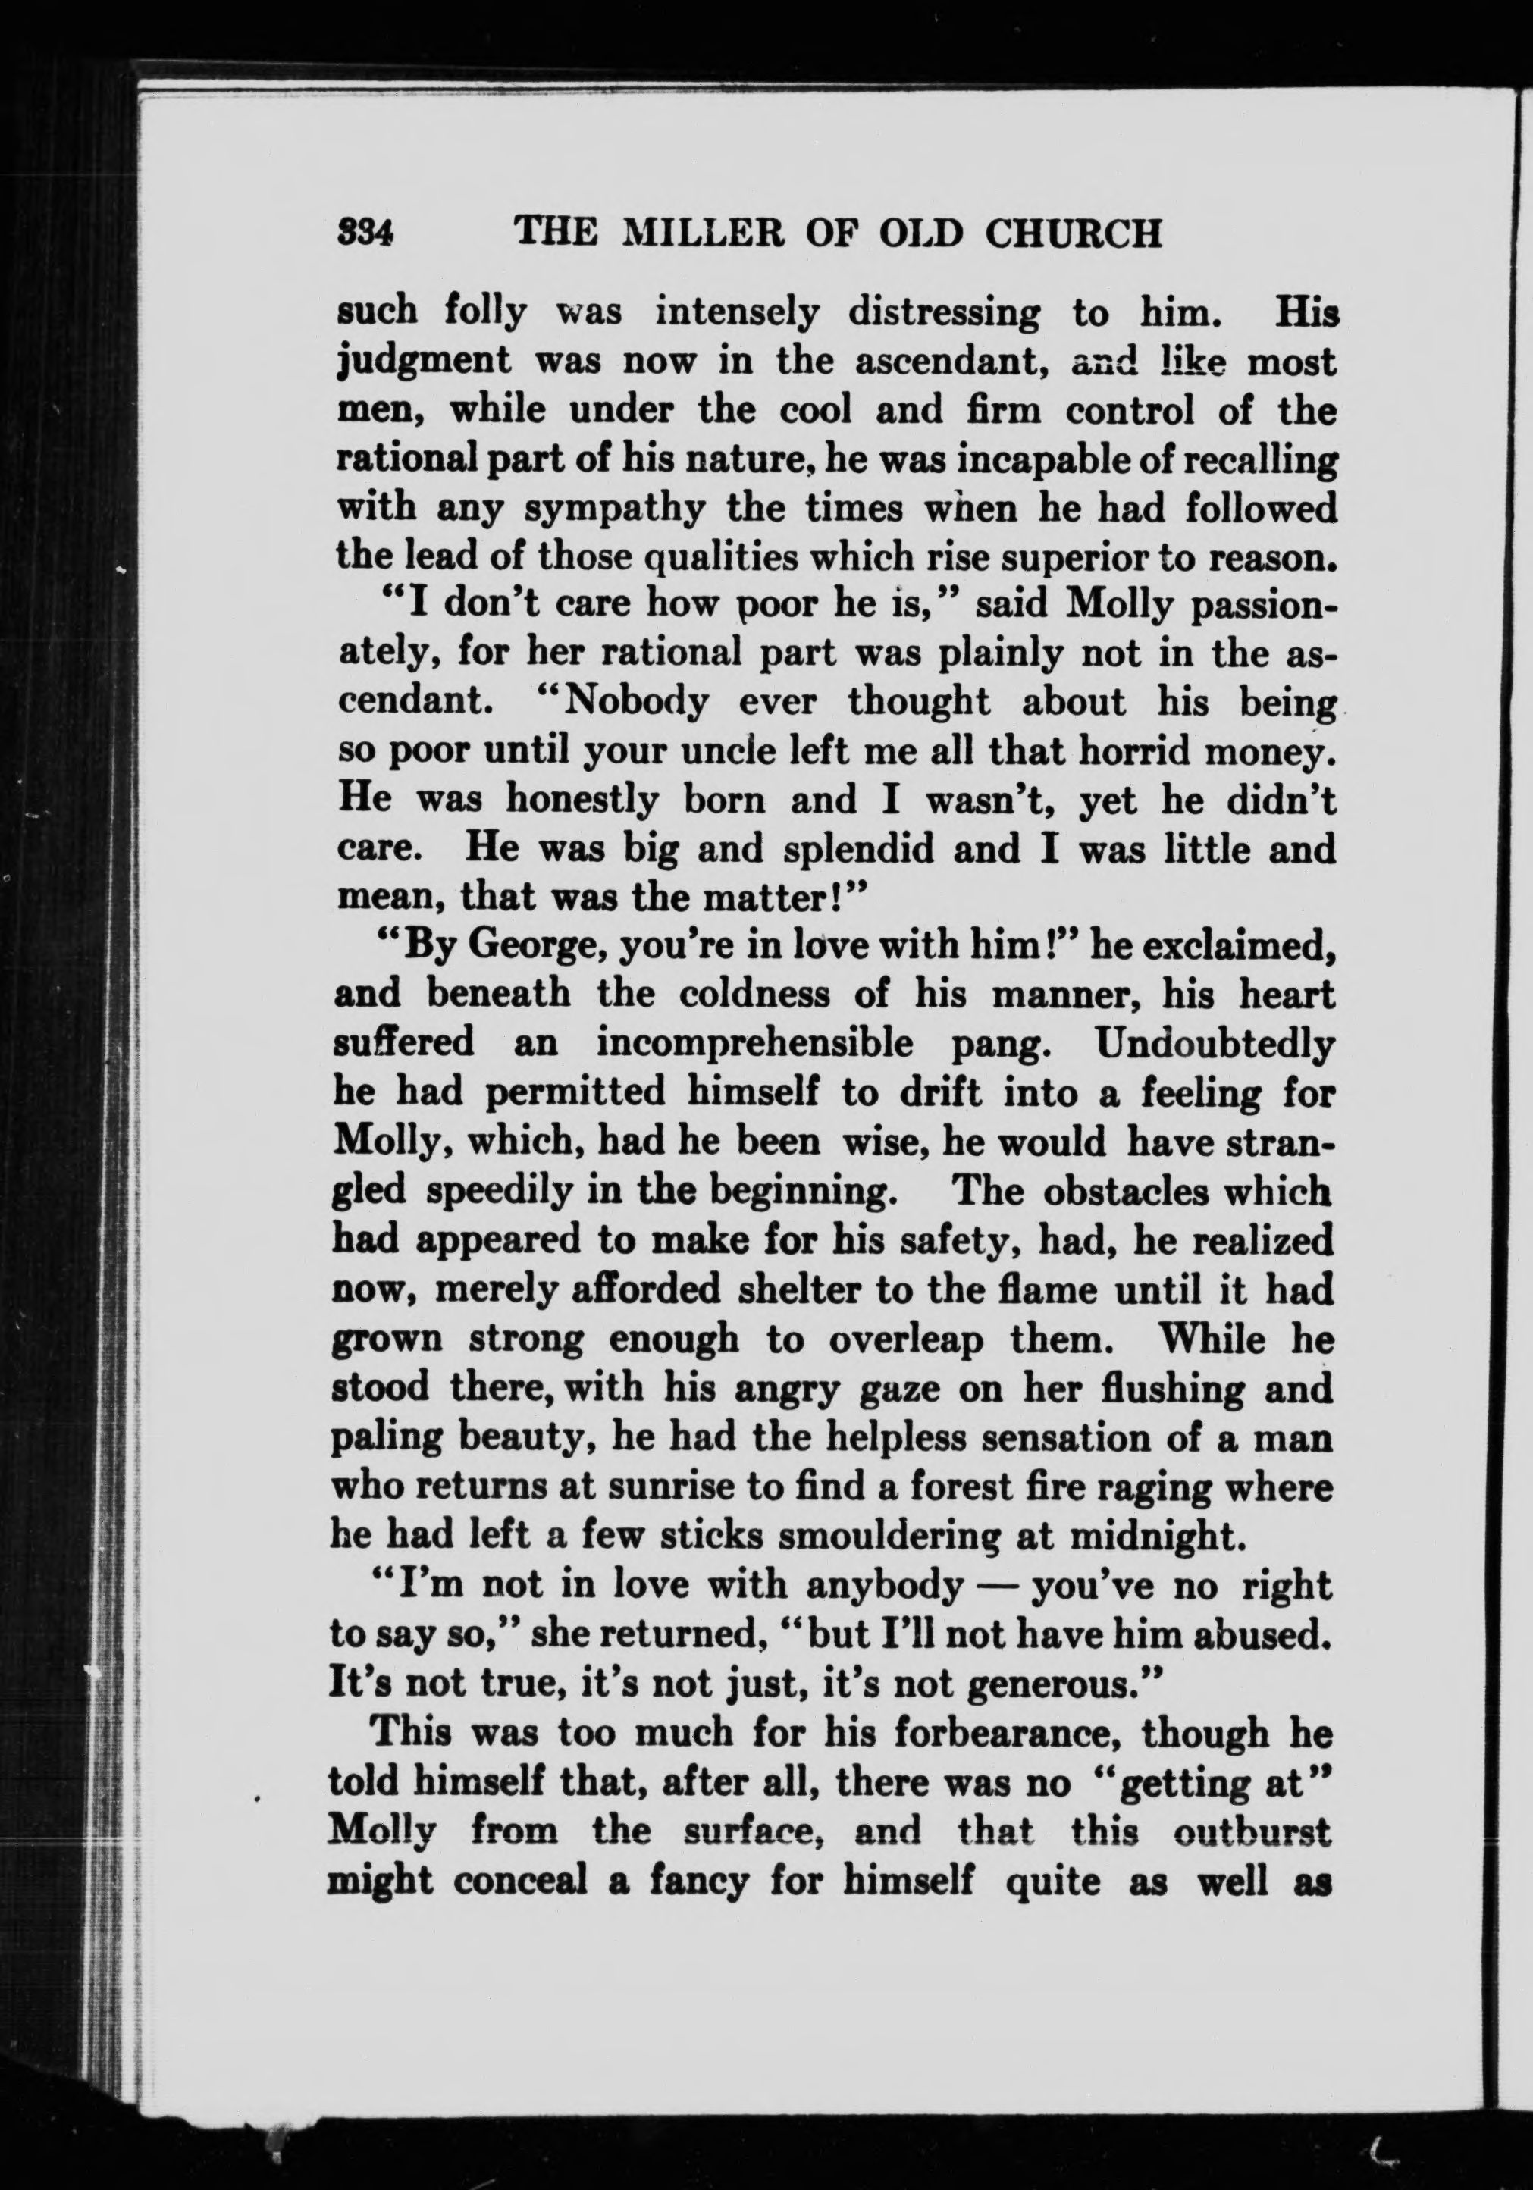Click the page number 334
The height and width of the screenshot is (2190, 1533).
pyautogui.click(x=366, y=233)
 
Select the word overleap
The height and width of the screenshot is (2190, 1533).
pyautogui.click(x=906, y=1339)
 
